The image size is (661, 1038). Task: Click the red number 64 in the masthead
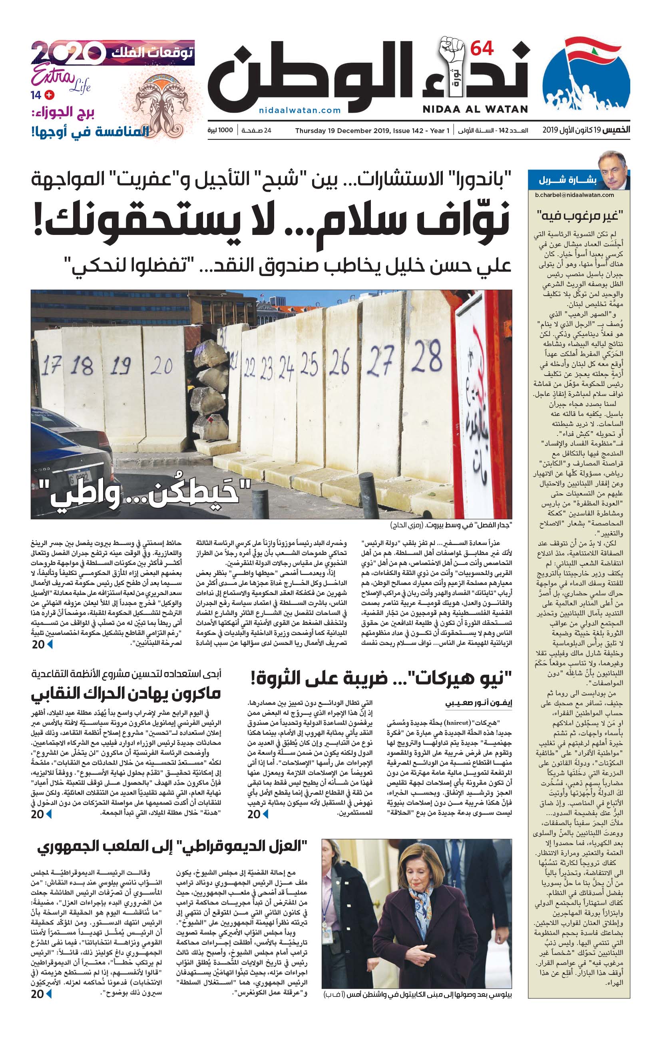click(x=482, y=48)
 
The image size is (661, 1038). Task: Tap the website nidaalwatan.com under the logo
click(x=300, y=110)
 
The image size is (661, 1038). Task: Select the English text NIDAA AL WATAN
click(x=475, y=109)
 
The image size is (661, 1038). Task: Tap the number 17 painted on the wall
click(x=51, y=366)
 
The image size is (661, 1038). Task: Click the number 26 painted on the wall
click(x=339, y=362)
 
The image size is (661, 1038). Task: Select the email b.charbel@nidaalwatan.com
click(x=574, y=195)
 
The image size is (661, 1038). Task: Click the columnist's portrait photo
click(x=612, y=169)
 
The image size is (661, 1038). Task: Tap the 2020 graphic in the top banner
click(x=68, y=53)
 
